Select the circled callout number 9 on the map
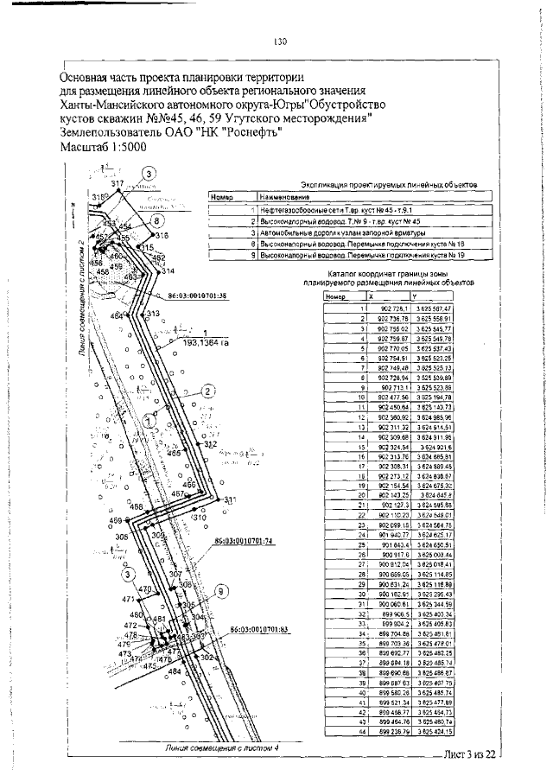point(221,591)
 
